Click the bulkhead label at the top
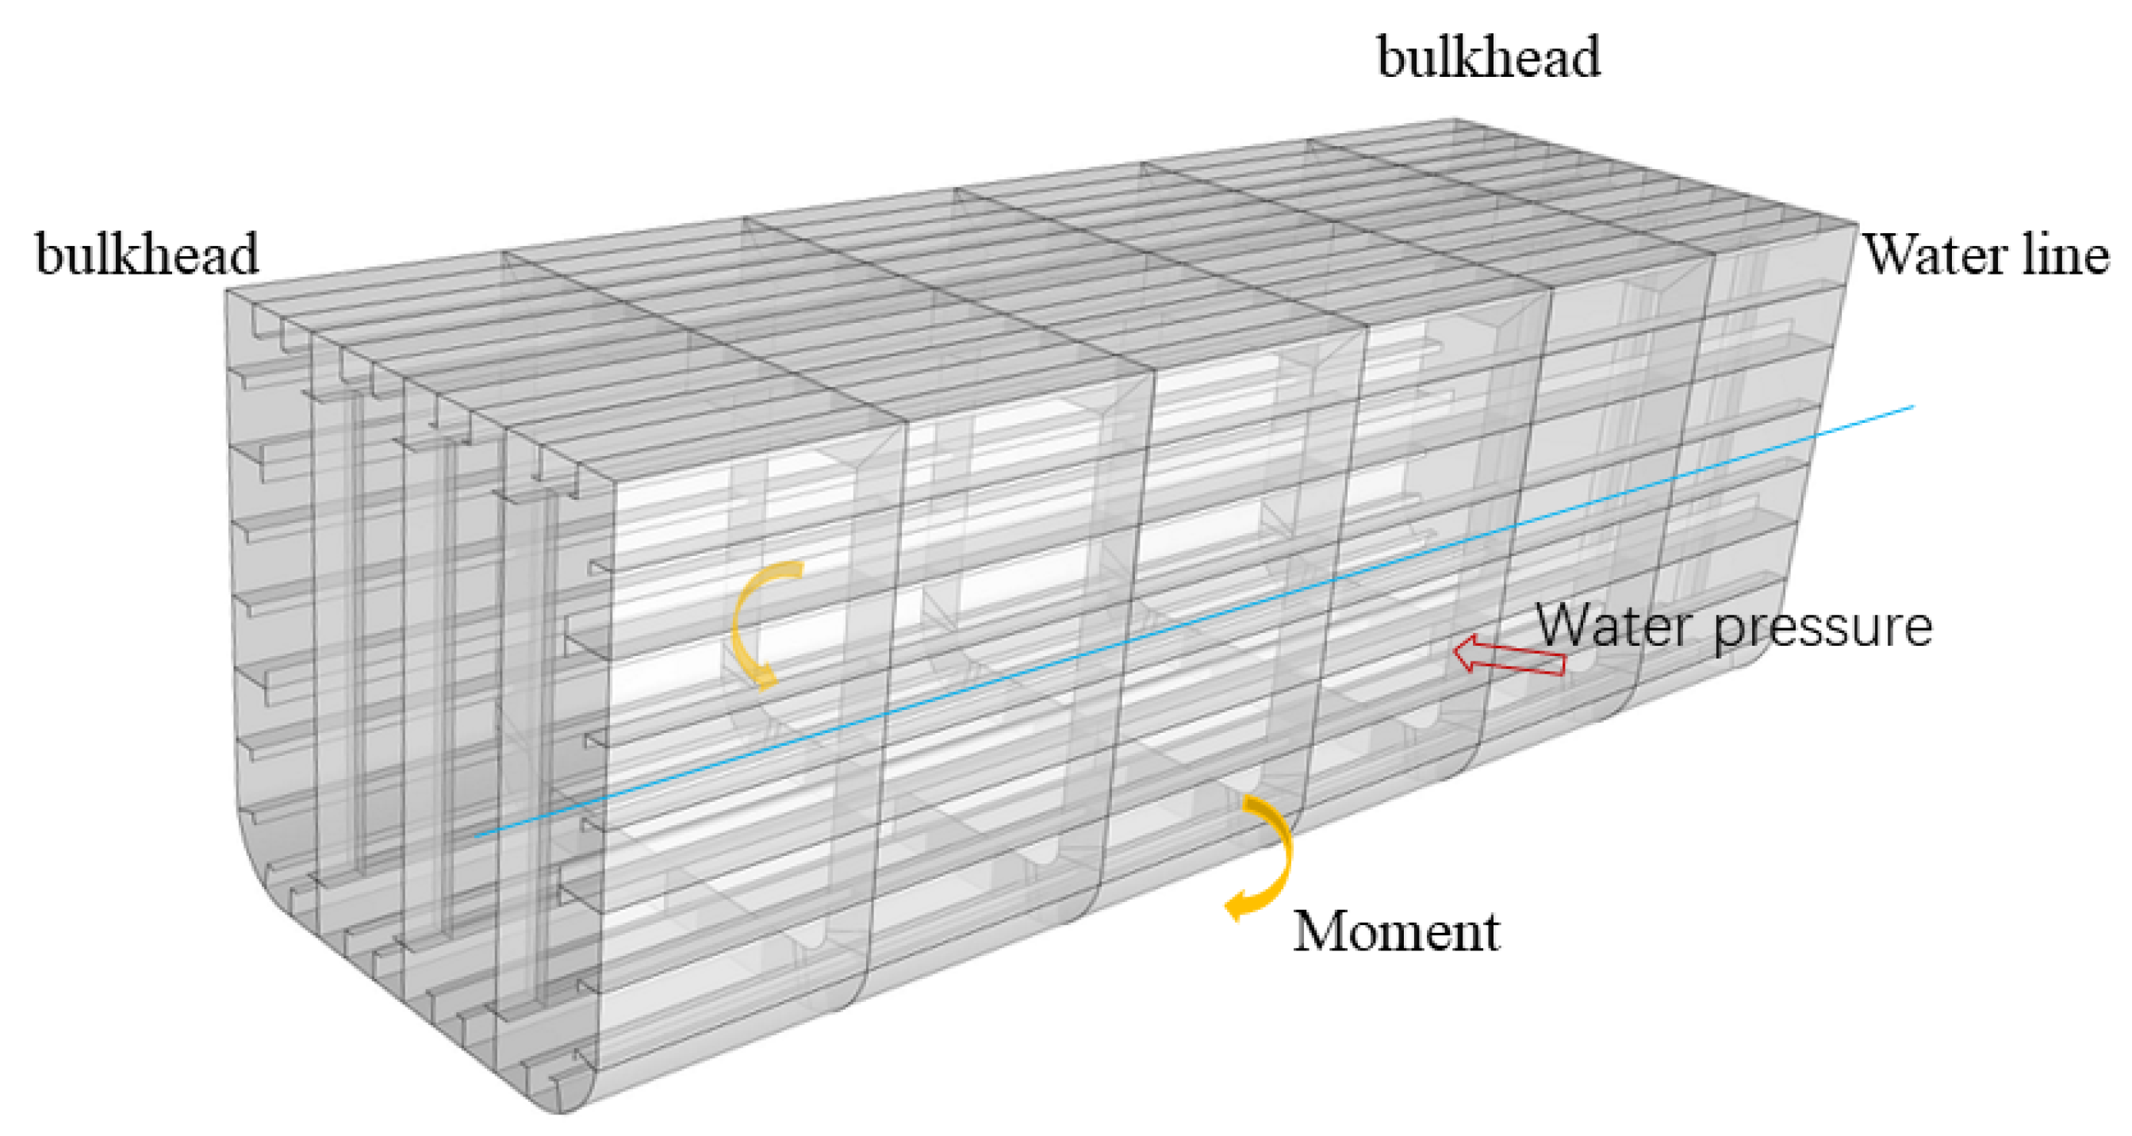[x=1488, y=58]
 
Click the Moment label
[x=1395, y=932]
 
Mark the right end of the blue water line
[x=1914, y=406]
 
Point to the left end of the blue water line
[x=477, y=835]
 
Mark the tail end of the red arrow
[x=1563, y=664]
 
